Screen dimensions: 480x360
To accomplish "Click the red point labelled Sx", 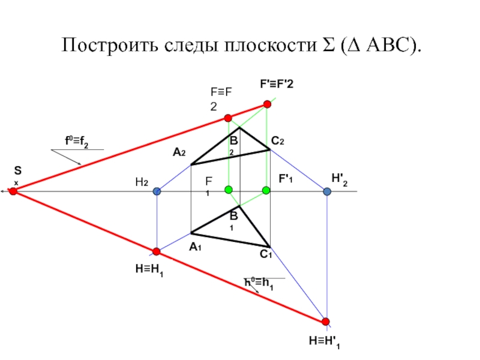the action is (x=13, y=191).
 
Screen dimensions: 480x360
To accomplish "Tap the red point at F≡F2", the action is (x=228, y=118).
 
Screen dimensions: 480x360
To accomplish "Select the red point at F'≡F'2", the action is (x=268, y=104).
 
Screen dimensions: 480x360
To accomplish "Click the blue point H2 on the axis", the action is (x=157, y=191).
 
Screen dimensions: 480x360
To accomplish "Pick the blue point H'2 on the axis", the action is (x=327, y=191).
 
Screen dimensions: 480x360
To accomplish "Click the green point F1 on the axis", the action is (x=228, y=190).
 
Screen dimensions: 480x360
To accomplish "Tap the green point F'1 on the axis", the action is (x=266, y=190).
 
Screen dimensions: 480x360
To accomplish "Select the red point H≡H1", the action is (x=157, y=251).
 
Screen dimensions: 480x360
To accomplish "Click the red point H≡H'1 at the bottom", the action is (x=326, y=322).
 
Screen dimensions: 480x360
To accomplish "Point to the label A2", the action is (x=179, y=154).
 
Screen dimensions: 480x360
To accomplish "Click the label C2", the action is (x=277, y=141).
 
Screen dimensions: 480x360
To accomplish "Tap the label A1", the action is (x=194, y=247).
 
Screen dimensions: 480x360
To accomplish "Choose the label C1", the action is (x=266, y=255).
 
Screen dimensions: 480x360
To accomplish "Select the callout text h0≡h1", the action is (x=259, y=283).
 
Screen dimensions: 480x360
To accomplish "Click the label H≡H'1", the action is (x=325, y=341).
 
